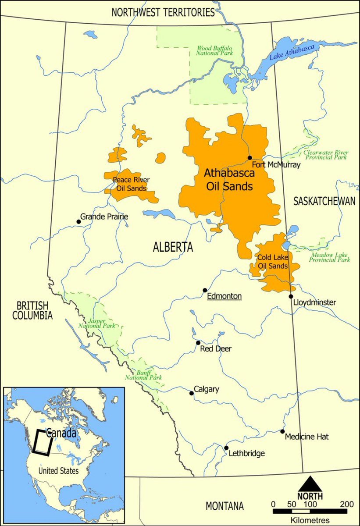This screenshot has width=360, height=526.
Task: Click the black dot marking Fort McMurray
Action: coord(250,158)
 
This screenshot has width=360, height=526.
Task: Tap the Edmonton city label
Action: coord(224,297)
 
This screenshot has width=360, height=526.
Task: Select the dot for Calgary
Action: coord(191,393)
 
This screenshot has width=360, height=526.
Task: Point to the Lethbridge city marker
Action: coord(226,448)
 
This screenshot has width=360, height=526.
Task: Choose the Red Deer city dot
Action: coord(198,343)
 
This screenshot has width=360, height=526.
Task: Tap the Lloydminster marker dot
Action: coord(291,296)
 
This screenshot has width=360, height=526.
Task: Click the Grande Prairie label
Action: coord(104,217)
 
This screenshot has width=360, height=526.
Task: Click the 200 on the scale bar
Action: coord(346,504)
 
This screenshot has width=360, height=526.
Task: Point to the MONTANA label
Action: coord(225,506)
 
